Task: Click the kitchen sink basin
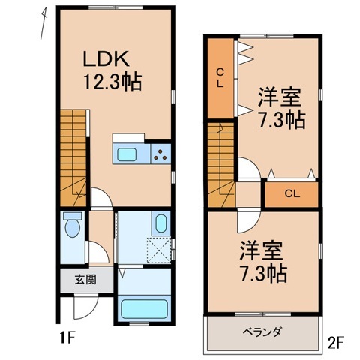126,155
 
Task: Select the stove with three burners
160,155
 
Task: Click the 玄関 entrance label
85,281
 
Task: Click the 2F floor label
335,342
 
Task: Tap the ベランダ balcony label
262,331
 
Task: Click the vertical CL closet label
220,77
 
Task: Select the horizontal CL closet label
292,194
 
